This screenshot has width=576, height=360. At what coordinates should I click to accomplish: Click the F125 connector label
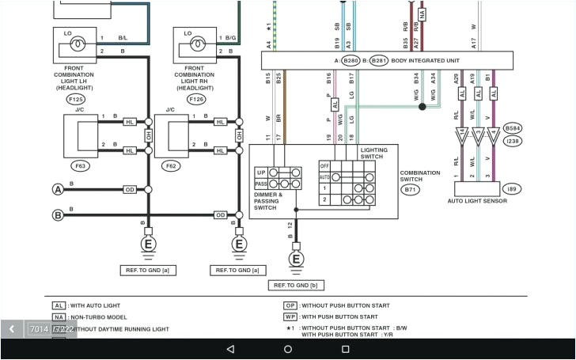(x=75, y=100)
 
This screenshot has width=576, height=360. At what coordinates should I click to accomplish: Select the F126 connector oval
(x=195, y=100)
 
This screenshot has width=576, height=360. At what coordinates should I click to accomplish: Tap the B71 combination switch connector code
(x=411, y=190)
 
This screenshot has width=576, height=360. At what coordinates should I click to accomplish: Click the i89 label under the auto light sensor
(x=512, y=190)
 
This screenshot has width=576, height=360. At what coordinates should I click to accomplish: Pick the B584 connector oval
(x=513, y=127)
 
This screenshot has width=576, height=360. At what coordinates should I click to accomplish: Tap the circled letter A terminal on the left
(x=57, y=190)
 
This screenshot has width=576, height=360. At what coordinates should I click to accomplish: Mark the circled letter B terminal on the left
(x=57, y=215)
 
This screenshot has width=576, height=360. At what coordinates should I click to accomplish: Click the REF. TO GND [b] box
(x=296, y=285)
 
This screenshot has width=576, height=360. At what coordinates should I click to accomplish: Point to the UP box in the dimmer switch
(x=261, y=172)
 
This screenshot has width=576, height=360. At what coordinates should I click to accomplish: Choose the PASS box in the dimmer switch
(x=261, y=184)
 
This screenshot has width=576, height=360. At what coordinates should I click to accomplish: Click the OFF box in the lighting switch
(x=324, y=165)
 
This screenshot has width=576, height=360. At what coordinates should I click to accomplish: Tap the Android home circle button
(x=288, y=349)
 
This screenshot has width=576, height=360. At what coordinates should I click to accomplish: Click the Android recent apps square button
(x=346, y=349)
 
